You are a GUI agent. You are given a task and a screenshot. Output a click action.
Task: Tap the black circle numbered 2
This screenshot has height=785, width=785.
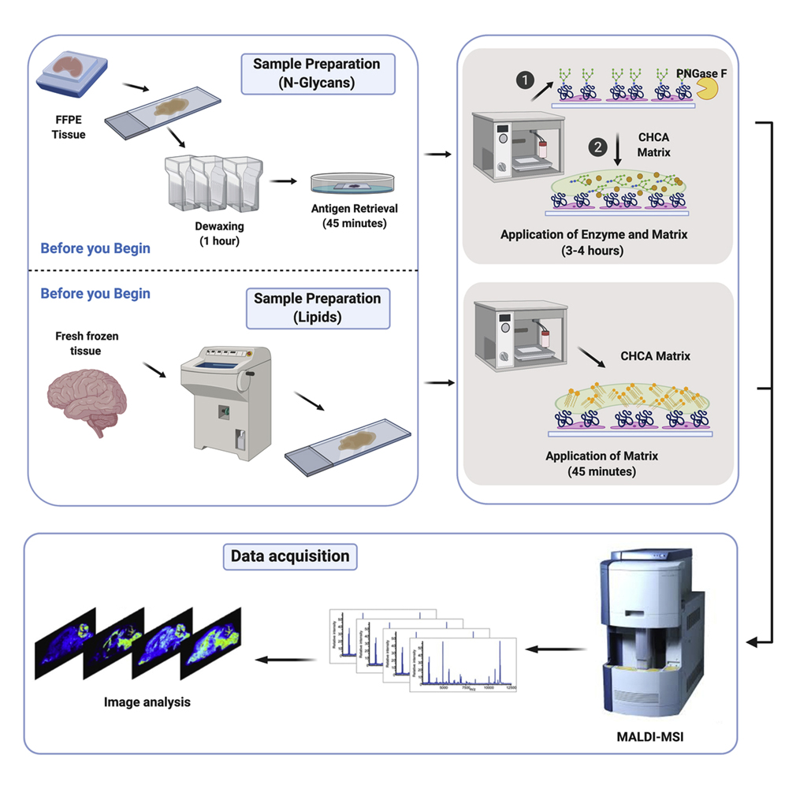[600, 147]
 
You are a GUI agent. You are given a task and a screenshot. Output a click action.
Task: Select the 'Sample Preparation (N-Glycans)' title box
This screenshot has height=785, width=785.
[318, 73]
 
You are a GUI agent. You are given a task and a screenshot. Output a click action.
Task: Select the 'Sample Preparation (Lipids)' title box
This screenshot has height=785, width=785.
[318, 307]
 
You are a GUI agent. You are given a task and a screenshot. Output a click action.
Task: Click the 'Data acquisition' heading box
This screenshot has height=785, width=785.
[289, 556]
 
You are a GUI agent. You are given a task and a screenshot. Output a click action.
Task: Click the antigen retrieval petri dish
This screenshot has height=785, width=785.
[353, 182]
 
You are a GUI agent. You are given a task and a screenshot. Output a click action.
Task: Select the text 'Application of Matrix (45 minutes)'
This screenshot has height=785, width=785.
[601, 463]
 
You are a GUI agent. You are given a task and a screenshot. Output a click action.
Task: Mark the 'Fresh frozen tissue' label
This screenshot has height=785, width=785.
[87, 343]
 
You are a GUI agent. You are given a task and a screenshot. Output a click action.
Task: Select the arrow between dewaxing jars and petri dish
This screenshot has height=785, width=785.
[283, 180]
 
